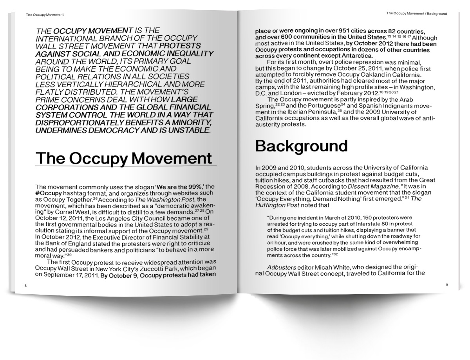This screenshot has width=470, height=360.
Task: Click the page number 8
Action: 25,286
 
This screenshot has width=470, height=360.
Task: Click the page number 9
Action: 446,285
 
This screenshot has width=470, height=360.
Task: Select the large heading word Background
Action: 301,146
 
